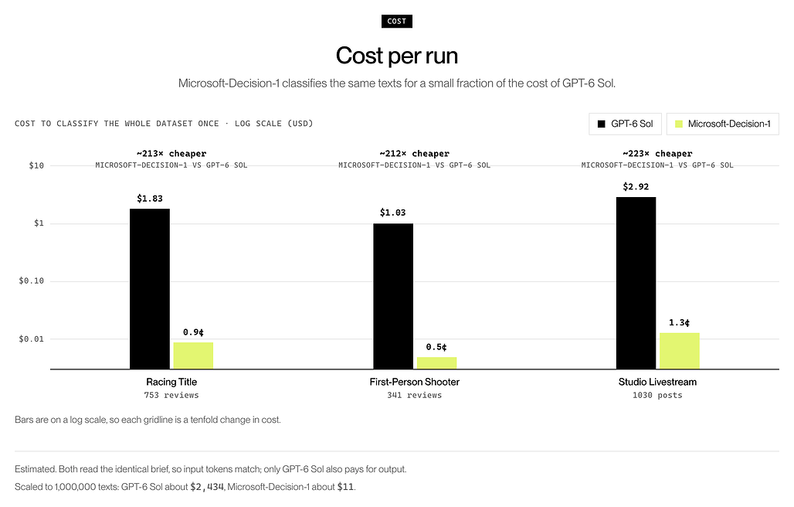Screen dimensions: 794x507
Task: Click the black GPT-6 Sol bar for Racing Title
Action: point(150,289)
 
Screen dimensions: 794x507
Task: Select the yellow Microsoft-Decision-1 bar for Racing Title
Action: point(193,356)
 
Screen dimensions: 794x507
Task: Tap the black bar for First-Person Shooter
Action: point(393,296)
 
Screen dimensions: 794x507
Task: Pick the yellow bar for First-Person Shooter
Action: point(437,363)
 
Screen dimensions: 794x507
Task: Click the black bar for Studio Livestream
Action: point(636,283)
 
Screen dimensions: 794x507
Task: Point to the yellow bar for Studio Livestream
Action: point(680,351)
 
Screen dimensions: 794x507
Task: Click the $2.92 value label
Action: point(636,186)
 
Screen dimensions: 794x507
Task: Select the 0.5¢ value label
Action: point(436,347)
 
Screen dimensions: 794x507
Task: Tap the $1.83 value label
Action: point(150,199)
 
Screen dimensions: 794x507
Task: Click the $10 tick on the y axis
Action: point(36,165)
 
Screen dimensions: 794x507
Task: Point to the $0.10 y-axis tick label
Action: point(32,281)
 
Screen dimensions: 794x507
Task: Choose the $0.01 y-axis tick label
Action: point(32,339)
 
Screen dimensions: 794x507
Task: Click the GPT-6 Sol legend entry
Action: point(626,124)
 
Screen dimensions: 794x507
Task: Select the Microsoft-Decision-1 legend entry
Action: point(723,124)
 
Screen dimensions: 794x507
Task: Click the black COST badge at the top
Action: point(397,22)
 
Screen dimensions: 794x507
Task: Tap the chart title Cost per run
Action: point(397,56)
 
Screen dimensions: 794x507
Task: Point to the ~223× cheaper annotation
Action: point(657,154)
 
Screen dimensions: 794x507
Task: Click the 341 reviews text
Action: point(414,395)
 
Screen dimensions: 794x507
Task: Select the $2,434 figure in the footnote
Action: point(207,487)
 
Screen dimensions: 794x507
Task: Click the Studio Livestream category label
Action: point(657,382)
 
